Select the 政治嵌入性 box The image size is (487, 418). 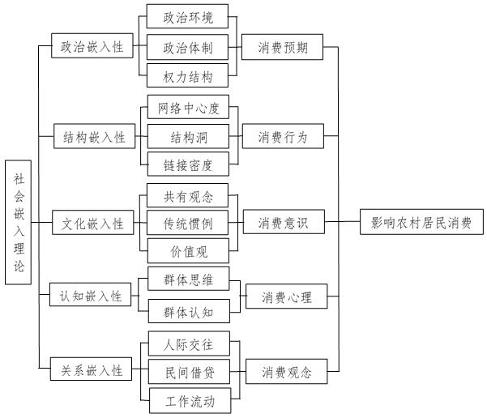(x=92, y=48)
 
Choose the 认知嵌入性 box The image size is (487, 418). (x=91, y=296)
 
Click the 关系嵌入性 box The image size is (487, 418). (x=92, y=370)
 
